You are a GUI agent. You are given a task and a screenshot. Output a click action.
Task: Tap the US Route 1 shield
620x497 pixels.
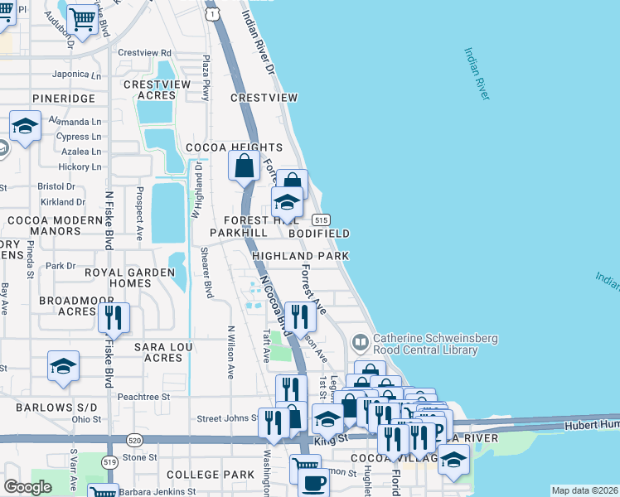tap(215, 14)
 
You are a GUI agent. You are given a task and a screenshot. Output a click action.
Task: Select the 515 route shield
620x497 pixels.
tap(322, 220)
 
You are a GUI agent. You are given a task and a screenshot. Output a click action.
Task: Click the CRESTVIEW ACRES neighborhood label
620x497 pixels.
tap(157, 89)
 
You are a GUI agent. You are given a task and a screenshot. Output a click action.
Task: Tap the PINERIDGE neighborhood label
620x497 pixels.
tap(64, 99)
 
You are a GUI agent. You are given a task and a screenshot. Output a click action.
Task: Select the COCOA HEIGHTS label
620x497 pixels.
tap(234, 147)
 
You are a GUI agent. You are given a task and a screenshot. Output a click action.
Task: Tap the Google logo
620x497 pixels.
tap(27, 487)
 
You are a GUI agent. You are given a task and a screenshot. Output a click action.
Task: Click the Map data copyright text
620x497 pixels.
tap(584, 490)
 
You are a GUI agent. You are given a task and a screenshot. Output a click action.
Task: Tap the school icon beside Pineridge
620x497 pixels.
tap(26, 127)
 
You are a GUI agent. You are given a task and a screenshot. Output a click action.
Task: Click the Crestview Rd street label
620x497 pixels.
tap(144, 52)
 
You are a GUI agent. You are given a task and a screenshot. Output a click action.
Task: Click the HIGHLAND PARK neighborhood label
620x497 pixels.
tap(300, 257)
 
